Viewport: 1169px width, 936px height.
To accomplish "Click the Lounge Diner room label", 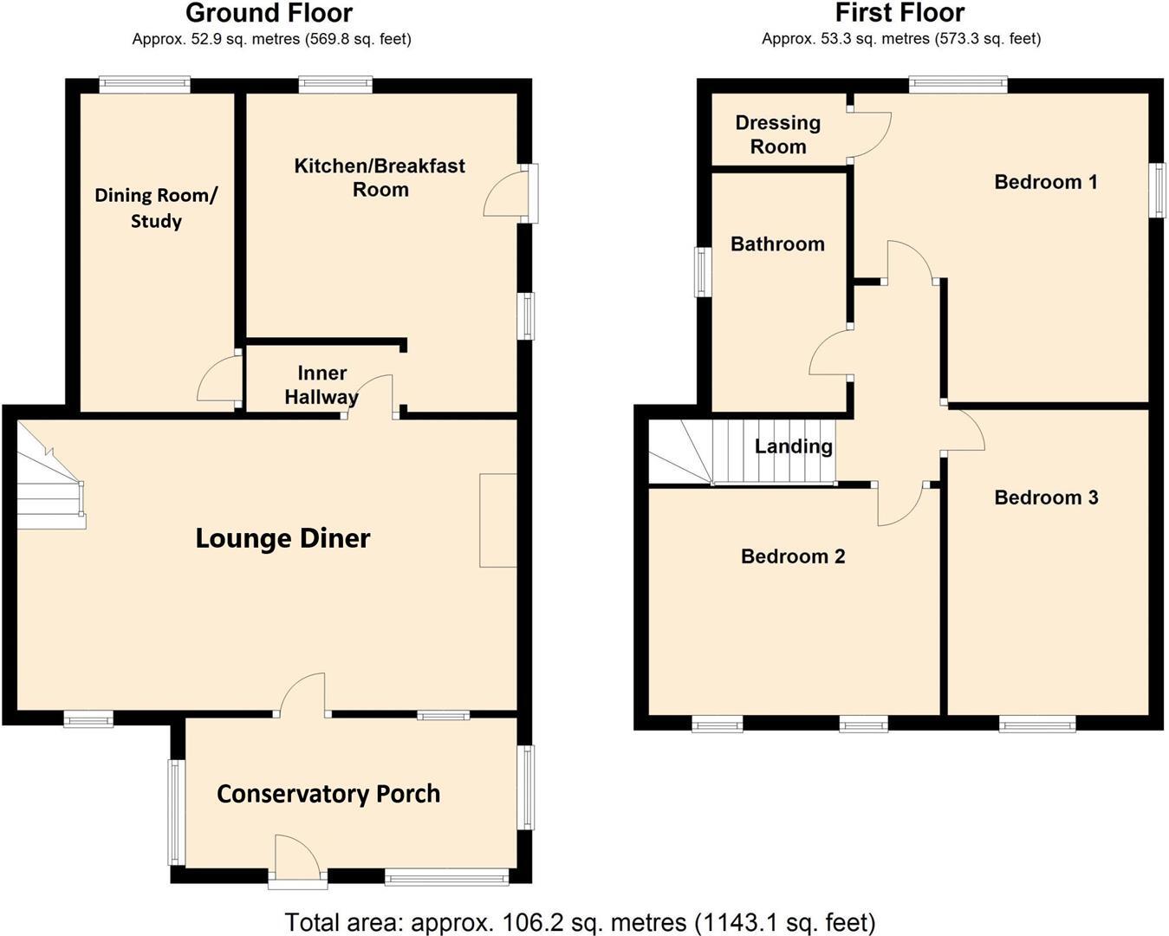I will (283, 538).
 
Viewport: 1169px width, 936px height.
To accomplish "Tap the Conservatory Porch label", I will (328, 794).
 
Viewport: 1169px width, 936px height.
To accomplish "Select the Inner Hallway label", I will (321, 385).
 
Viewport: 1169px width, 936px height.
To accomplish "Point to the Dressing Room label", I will (777, 134).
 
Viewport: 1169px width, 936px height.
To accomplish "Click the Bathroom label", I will (777, 244).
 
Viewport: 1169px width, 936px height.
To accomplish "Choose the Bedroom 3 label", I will (1046, 497).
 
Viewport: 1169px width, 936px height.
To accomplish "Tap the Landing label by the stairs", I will (793, 446).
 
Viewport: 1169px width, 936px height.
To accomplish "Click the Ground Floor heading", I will (269, 14).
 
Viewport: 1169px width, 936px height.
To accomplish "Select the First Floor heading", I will (899, 14).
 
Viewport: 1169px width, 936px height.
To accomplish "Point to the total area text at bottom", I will (580, 922).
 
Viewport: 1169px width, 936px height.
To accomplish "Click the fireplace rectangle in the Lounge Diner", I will (498, 520).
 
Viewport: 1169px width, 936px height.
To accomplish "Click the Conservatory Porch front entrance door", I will (297, 861).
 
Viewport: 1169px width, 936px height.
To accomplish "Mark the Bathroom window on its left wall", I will (703, 272).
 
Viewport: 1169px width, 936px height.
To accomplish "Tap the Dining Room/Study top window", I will (144, 84).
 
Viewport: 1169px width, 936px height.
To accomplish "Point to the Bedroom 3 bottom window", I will (1037, 724).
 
